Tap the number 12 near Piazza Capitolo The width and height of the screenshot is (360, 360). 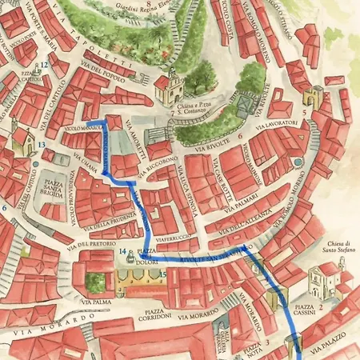pos(45,65)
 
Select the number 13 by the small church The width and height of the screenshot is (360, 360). pos(41,145)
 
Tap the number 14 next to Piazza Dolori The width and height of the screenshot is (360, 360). pos(123,252)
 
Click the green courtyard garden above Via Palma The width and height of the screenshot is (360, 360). pos(95,281)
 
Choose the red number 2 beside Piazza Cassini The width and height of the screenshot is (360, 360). pos(321,306)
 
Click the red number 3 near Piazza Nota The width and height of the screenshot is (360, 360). pos(267,342)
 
